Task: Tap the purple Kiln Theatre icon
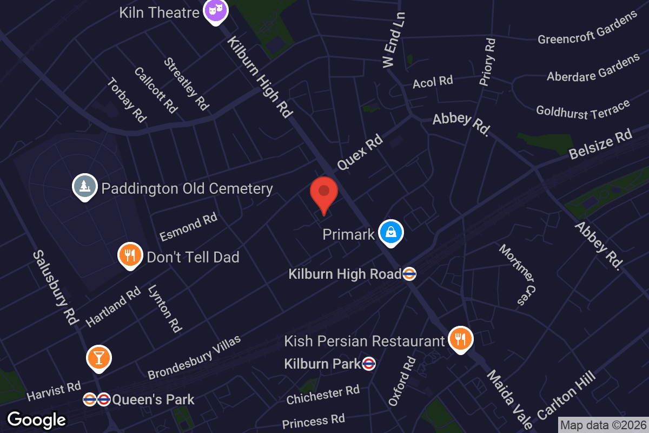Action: pyautogui.click(x=215, y=10)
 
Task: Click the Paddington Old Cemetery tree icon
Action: pyautogui.click(x=85, y=187)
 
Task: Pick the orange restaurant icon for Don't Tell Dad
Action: pyautogui.click(x=130, y=255)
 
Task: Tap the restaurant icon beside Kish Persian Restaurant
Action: pyautogui.click(x=460, y=339)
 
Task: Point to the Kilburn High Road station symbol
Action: pyautogui.click(x=409, y=274)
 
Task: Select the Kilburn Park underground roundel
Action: pyautogui.click(x=369, y=364)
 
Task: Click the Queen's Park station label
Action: pyautogui.click(x=153, y=401)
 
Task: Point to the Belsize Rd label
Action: pyautogui.click(x=600, y=145)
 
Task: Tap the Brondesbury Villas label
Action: pyautogui.click(x=194, y=357)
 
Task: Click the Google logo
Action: pyautogui.click(x=36, y=419)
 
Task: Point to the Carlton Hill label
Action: pyautogui.click(x=566, y=396)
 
